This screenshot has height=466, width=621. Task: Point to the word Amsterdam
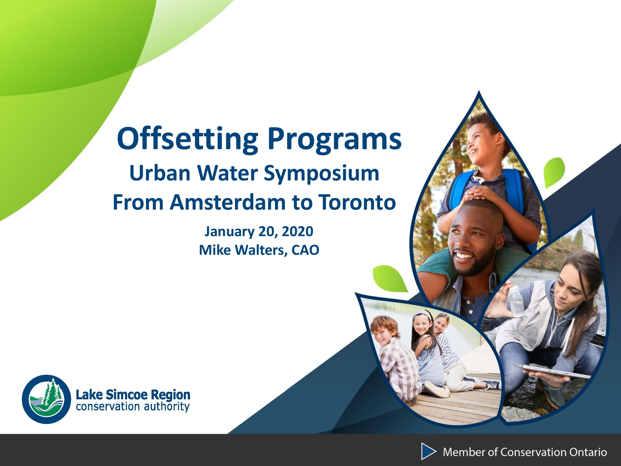227,203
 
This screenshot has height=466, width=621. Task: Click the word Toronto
357,203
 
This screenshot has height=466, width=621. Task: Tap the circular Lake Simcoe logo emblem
47,399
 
